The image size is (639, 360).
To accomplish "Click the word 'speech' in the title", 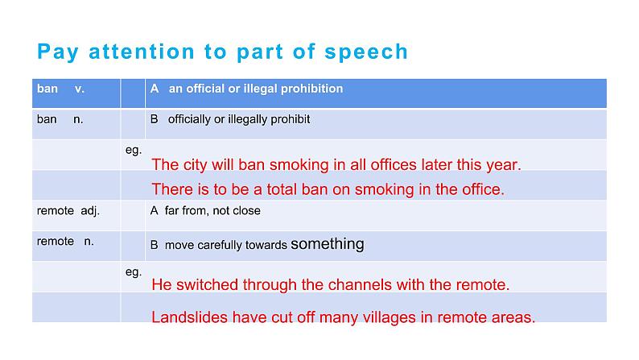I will click(x=367, y=52).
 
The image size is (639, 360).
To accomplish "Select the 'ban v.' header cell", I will click(x=60, y=89).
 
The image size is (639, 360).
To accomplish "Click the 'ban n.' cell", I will click(x=60, y=119).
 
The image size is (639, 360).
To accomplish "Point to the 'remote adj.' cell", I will click(x=68, y=210).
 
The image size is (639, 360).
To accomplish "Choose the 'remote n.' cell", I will click(x=65, y=242).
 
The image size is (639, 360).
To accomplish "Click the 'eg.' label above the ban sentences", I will click(x=134, y=150).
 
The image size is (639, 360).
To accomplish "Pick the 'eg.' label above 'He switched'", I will click(x=134, y=272).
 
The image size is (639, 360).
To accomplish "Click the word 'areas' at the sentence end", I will click(x=513, y=317).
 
